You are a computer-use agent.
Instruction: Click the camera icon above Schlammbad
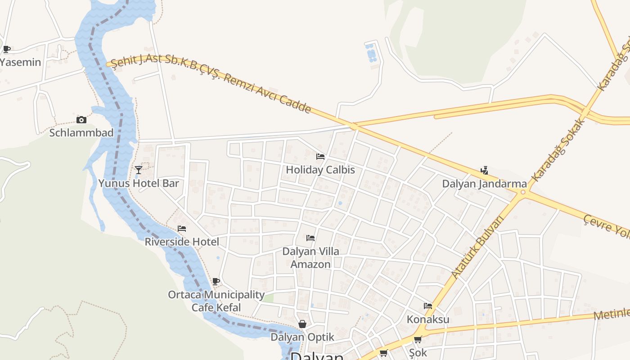(81, 120)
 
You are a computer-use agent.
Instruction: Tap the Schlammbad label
(81, 133)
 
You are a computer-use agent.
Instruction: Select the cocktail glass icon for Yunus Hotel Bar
(139, 170)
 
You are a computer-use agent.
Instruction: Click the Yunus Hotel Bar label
(139, 183)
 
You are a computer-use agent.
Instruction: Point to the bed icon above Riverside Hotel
(182, 229)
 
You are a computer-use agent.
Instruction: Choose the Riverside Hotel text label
(182, 242)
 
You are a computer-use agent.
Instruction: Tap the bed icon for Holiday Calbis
(320, 157)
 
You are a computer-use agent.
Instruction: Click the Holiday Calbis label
(320, 170)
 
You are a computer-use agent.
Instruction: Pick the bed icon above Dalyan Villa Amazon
(310, 238)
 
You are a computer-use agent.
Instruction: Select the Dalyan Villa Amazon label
(310, 258)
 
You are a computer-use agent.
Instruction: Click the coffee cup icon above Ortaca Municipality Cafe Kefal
(216, 282)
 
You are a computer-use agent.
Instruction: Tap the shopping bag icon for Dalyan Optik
(302, 324)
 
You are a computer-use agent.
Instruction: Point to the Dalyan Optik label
(302, 337)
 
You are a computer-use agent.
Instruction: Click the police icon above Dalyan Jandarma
(484, 170)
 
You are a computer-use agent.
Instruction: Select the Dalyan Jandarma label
(484, 184)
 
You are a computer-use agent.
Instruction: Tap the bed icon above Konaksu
(428, 306)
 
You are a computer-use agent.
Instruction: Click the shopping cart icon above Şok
(418, 340)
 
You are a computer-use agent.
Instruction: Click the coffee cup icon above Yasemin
(6, 49)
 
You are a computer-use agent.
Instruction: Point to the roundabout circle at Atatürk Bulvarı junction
(522, 193)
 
